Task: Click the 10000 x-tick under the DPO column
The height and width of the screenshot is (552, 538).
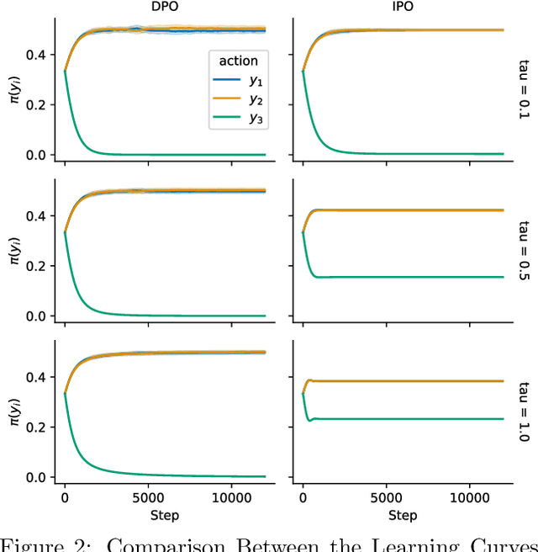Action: (233, 498)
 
